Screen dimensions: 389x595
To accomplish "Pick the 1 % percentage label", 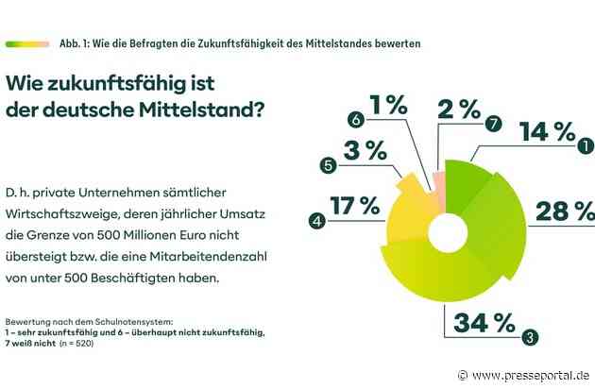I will coord(388,102).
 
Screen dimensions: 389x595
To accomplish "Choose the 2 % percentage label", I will coord(457,108).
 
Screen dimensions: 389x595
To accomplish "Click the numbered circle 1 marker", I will coord(585,146).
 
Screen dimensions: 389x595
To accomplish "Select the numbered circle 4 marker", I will coord(317,222).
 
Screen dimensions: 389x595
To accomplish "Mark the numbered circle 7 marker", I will coord(490,125).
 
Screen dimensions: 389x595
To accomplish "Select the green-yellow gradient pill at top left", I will coord(26,43).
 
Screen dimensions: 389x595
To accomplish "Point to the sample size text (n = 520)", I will coord(98,345).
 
